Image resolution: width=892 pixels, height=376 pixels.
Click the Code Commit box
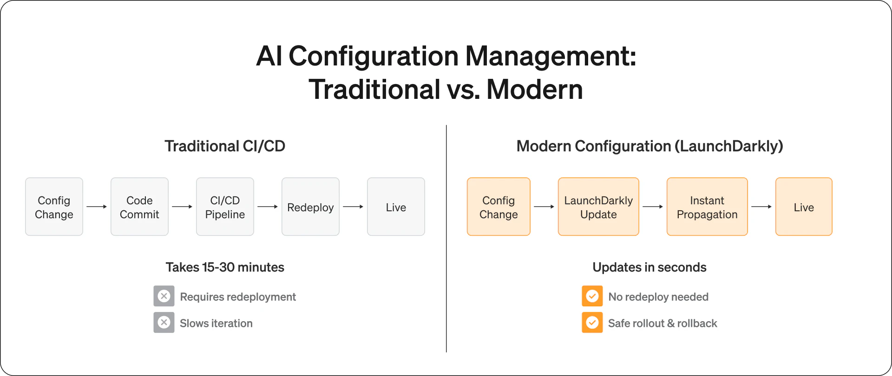point(139,207)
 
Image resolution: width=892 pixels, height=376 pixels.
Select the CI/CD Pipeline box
point(225,207)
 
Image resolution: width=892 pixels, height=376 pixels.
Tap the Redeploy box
point(310,207)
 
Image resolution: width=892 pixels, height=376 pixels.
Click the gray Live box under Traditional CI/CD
point(396,207)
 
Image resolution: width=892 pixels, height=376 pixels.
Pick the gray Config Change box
point(54,207)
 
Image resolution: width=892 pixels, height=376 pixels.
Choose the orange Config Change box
point(498,207)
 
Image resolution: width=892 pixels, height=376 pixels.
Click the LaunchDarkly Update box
point(598,207)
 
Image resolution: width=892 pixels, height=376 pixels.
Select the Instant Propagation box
point(707,207)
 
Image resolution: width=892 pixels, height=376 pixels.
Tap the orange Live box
point(804,207)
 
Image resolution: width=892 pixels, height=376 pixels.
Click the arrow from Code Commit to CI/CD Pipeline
point(182,207)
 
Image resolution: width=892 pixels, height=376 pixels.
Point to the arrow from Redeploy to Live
point(353,207)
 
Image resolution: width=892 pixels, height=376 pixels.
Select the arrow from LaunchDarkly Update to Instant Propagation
point(653,207)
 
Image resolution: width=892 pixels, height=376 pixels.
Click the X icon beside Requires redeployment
point(164,296)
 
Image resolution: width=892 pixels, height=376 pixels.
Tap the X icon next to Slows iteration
point(164,323)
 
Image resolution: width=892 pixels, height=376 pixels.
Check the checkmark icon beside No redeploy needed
point(592,296)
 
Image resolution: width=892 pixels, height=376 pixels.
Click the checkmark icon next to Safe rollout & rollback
point(592,323)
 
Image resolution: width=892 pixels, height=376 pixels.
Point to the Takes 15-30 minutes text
point(225,267)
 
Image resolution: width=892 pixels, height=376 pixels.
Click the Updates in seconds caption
point(649,267)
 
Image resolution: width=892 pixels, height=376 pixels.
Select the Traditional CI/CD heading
point(225,146)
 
